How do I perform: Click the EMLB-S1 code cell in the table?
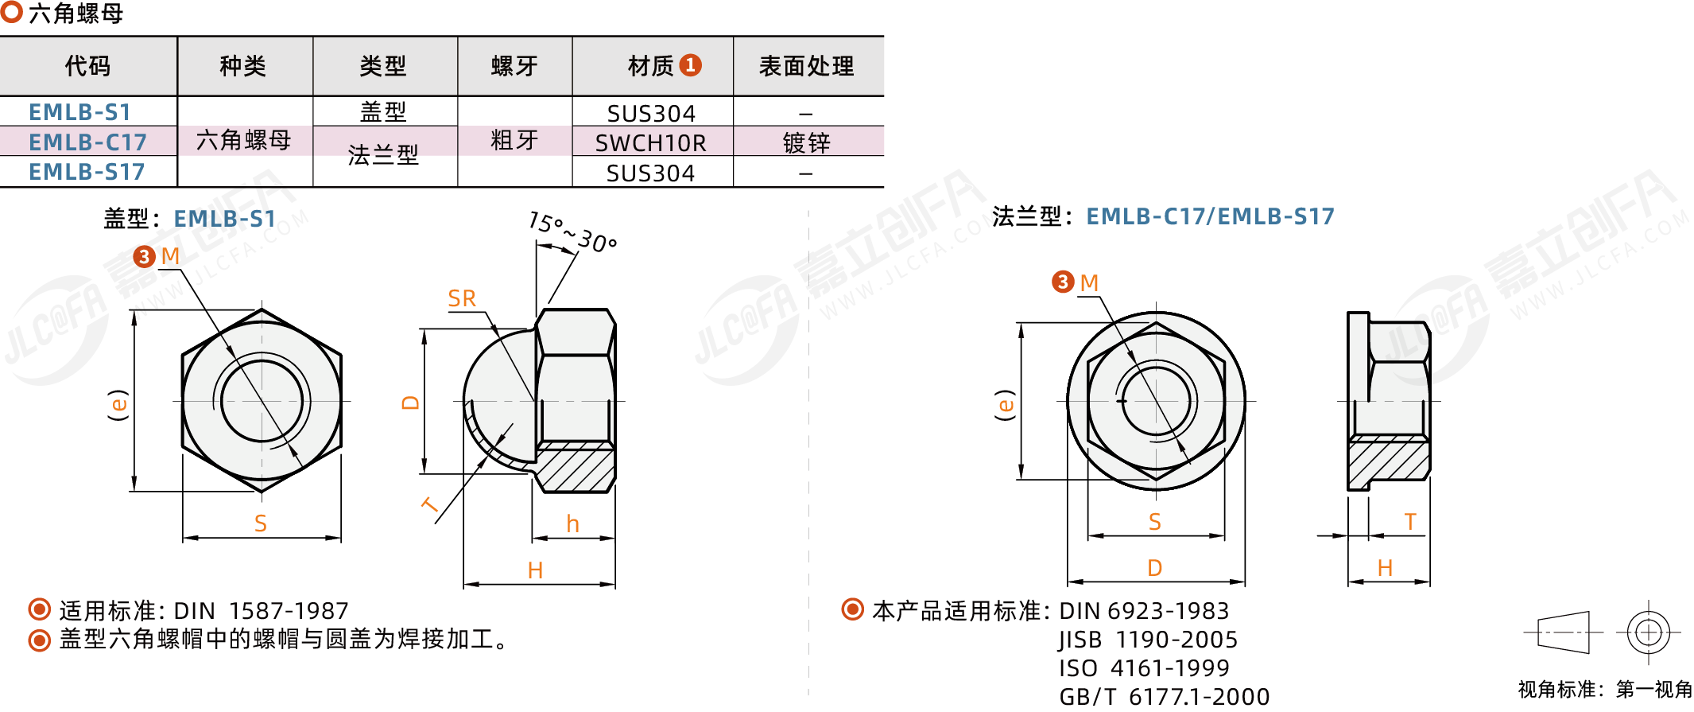pyautogui.click(x=79, y=112)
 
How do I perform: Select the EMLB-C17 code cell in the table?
pyautogui.click(x=87, y=142)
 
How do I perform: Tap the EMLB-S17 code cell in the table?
pyautogui.click(x=87, y=172)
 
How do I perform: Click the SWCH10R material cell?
pyautogui.click(x=651, y=143)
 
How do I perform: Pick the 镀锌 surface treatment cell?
pyautogui.click(x=807, y=143)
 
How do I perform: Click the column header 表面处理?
pyautogui.click(x=807, y=66)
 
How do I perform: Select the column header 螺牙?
pyautogui.click(x=514, y=66)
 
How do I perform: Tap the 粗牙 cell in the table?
pyautogui.click(x=514, y=141)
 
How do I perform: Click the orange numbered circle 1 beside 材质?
pyautogui.click(x=691, y=65)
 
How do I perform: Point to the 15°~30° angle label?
pyautogui.click(x=572, y=232)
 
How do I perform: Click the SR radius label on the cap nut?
pyautogui.click(x=462, y=298)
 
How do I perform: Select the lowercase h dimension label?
pyautogui.click(x=572, y=523)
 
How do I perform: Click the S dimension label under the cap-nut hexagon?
pyautogui.click(x=261, y=523)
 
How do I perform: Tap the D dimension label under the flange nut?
pyautogui.click(x=1155, y=568)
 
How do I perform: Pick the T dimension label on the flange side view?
pyautogui.click(x=1410, y=522)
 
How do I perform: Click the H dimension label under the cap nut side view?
pyautogui.click(x=535, y=570)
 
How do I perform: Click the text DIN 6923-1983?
pyautogui.click(x=1144, y=611)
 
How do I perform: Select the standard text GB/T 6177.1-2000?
pyautogui.click(x=1165, y=697)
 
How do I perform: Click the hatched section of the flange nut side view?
pyautogui.click(x=1389, y=461)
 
